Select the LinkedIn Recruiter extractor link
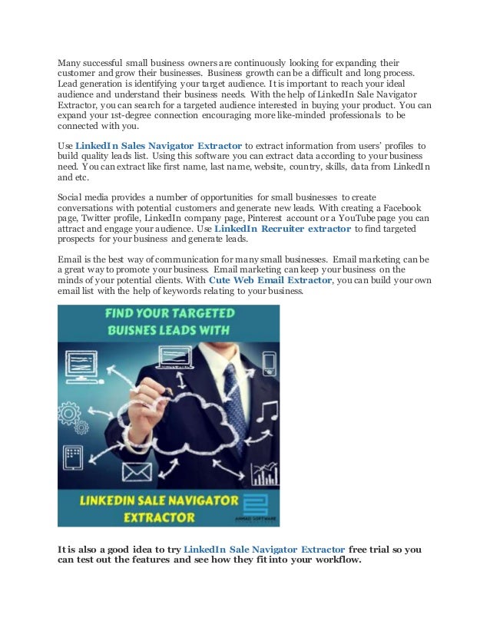282,229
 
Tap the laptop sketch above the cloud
170,355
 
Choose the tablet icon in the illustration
74,457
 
